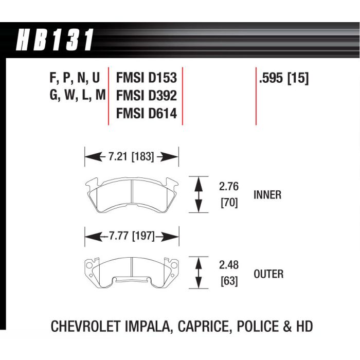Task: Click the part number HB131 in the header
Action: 55,40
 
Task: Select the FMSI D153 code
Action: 147,78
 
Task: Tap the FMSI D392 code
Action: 147,96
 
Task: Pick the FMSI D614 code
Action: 147,114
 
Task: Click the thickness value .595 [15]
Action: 284,78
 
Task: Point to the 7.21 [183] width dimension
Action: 131,157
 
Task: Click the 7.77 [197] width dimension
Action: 132,236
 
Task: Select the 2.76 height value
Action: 229,186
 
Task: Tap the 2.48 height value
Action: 229,265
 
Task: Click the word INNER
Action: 267,195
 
